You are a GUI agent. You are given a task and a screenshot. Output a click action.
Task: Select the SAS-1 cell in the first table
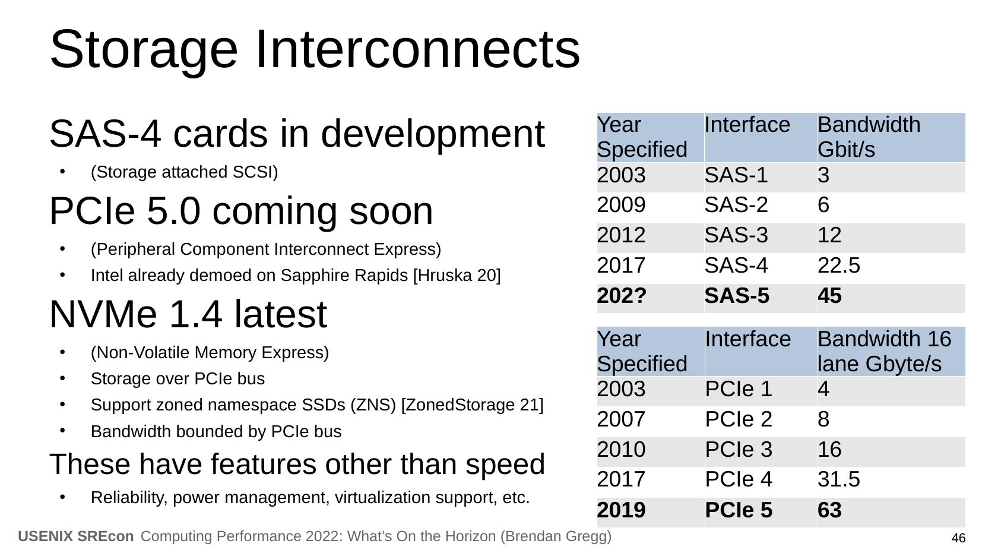coord(736,175)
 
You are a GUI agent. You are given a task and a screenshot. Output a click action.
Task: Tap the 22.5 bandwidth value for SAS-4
coord(839,266)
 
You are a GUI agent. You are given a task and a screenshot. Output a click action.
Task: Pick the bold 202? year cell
coord(622,296)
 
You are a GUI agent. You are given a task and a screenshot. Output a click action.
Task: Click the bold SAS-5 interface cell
coord(737,296)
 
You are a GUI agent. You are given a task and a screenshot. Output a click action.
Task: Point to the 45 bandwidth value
coord(829,296)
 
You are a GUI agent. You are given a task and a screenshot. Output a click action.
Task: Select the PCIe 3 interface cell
coord(739,450)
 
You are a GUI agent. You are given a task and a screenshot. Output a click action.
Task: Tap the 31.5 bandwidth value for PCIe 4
coord(839,479)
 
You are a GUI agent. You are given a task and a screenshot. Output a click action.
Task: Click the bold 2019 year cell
coord(621,510)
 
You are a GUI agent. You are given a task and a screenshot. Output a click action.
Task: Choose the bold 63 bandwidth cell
coord(829,510)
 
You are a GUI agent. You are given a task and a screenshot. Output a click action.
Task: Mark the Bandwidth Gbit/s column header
coord(869,137)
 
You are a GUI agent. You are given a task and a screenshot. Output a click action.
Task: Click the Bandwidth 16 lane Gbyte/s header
coord(884,351)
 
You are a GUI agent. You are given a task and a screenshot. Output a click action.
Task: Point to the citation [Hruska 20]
coord(457,276)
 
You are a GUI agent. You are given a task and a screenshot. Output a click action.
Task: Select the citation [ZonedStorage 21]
coord(472,405)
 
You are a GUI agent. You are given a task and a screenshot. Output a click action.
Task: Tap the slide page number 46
coord(958,538)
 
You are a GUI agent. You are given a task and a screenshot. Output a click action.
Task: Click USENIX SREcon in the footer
coord(76,536)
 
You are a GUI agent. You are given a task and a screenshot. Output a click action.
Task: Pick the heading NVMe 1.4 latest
coord(188,314)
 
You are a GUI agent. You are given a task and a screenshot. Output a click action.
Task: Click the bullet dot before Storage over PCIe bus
coord(62,378)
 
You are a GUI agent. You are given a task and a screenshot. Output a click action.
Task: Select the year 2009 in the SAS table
coord(621,206)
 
